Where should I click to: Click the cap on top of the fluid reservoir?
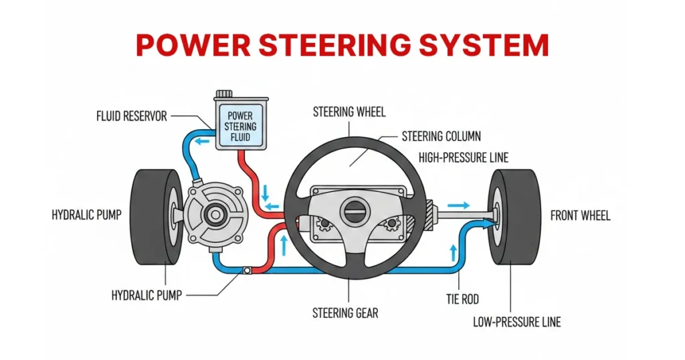(x=224, y=96)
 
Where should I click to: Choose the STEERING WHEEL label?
(x=349, y=112)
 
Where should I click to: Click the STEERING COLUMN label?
(x=441, y=137)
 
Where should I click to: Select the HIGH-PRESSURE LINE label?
(x=463, y=158)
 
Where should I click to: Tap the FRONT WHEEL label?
(x=580, y=215)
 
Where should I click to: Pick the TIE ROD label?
(x=462, y=299)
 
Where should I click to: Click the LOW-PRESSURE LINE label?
(x=516, y=322)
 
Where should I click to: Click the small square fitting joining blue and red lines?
(x=248, y=271)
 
